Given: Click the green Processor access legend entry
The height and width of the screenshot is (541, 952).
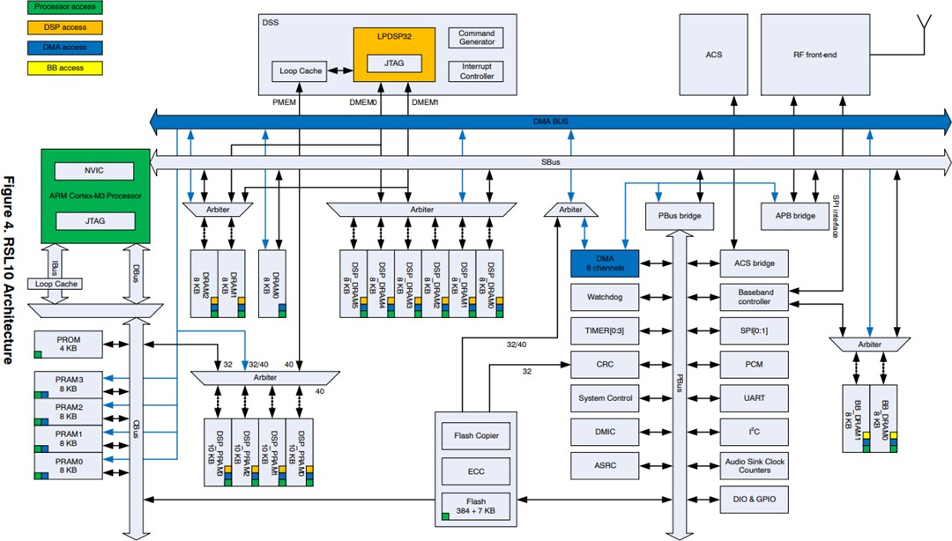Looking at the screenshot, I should tap(52, 8).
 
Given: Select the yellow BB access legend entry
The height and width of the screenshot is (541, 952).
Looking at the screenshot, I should tap(52, 68).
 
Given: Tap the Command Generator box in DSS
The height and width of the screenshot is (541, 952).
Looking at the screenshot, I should tap(477, 38).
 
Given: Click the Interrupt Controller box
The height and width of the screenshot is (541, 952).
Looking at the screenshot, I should tap(477, 71).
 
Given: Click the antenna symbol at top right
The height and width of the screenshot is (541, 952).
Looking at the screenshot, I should tap(925, 25).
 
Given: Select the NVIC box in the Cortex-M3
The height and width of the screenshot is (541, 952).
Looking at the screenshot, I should tap(93, 171).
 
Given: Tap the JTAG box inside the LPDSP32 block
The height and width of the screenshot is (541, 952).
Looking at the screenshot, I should tap(394, 63).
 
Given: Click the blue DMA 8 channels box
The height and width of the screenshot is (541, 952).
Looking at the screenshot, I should tap(605, 263).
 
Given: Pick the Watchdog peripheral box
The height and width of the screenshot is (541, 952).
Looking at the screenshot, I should tap(605, 297).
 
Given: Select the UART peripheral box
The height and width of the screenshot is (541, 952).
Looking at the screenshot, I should tap(754, 398).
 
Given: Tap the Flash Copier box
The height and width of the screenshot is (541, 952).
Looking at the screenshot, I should tap(475, 435).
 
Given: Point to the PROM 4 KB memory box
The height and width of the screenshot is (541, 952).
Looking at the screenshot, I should tap(69, 344).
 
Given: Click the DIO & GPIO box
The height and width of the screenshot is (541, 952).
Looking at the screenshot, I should tap(754, 500).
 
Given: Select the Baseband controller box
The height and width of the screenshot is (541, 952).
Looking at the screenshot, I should tap(754, 296).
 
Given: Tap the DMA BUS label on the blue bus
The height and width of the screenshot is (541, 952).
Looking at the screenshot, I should tap(552, 121).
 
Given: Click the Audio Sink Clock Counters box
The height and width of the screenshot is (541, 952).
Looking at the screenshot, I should tap(754, 466).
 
